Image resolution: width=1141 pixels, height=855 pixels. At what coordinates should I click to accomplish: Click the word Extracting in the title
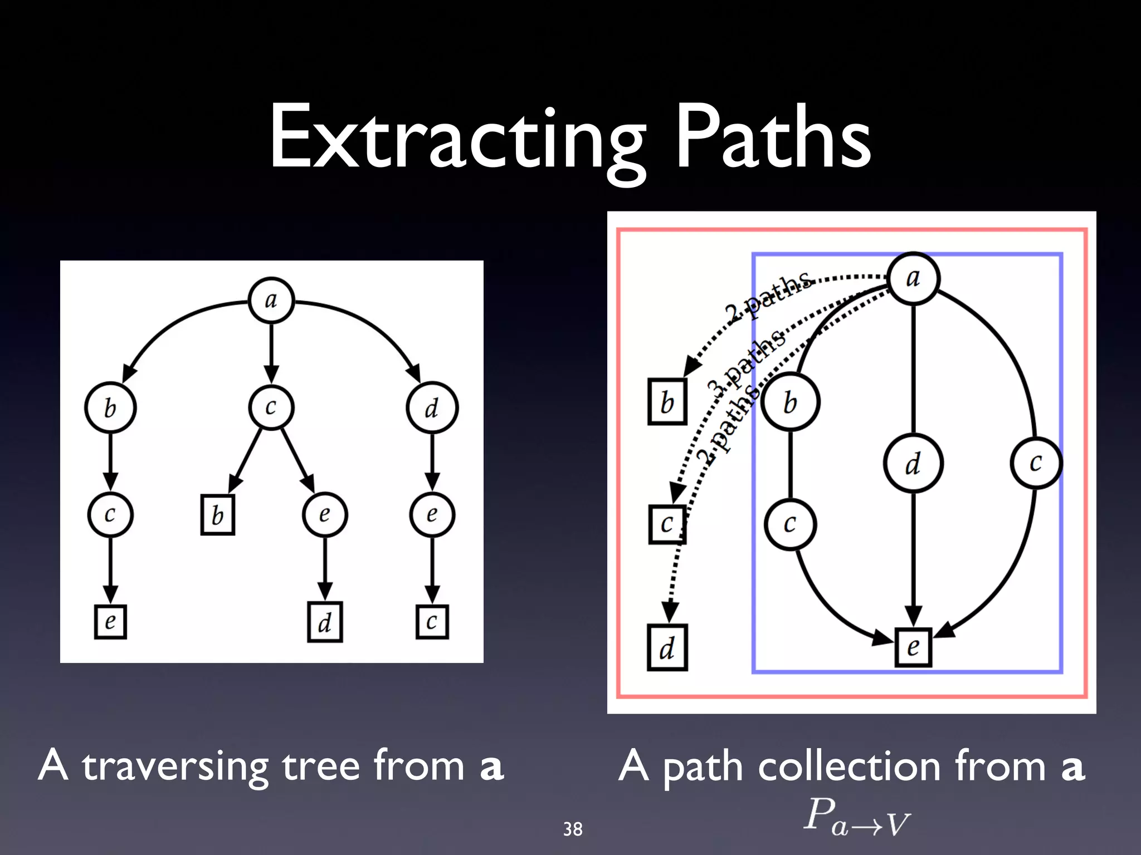click(x=457, y=139)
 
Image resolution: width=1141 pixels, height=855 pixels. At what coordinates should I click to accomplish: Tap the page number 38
click(x=573, y=829)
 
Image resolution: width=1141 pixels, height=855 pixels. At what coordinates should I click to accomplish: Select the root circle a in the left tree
click(x=271, y=301)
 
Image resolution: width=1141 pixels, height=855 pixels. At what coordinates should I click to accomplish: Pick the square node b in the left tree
click(x=218, y=515)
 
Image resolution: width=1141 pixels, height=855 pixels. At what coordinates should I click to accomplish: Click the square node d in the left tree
click(x=325, y=622)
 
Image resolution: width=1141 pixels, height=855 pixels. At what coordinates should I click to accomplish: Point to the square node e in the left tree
click(x=110, y=622)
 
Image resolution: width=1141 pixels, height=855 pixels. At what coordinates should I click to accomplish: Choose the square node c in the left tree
click(x=432, y=622)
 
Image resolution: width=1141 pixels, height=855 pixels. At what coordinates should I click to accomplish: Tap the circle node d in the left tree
click(x=432, y=408)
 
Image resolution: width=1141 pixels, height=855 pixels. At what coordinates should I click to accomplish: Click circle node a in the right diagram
click(x=913, y=278)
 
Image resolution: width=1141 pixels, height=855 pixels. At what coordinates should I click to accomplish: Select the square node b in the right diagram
click(x=667, y=402)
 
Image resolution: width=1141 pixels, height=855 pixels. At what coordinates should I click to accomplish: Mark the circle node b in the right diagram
click(x=790, y=402)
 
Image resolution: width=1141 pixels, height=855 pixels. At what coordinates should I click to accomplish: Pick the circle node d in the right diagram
click(x=913, y=464)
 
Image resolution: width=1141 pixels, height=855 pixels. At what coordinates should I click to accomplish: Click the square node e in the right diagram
click(x=913, y=647)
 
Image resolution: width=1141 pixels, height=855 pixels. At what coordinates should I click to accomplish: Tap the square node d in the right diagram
click(x=667, y=648)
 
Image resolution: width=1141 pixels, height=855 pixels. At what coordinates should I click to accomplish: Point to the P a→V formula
click(x=857, y=816)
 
